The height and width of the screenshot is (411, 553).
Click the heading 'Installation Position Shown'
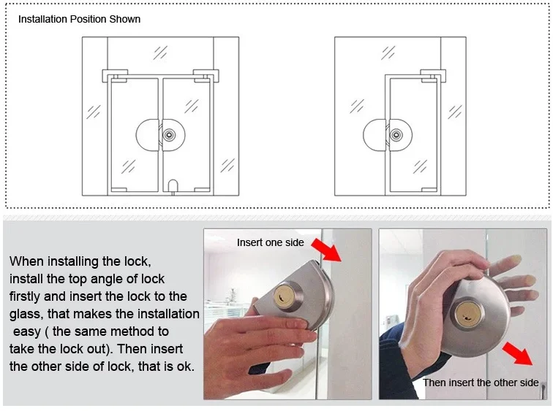(x=79, y=19)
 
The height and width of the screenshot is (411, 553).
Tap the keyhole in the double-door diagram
(x=169, y=135)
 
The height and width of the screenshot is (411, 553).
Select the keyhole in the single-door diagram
(x=396, y=135)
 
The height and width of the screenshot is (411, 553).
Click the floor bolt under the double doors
(x=173, y=187)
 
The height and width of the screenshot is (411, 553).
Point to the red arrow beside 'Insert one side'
(x=326, y=250)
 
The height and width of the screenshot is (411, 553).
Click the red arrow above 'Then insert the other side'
(x=518, y=353)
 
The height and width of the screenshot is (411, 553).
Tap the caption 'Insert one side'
(x=271, y=242)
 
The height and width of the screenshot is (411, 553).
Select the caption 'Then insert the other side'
(x=481, y=383)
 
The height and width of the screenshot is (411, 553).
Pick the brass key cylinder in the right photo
(x=468, y=313)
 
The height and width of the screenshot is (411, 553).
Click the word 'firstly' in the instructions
(x=25, y=296)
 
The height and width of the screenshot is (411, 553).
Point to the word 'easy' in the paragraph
(x=27, y=332)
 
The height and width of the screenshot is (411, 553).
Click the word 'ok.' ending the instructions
(x=185, y=366)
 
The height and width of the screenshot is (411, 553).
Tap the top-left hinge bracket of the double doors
(x=116, y=76)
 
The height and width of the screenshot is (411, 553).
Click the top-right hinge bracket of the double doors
(x=206, y=76)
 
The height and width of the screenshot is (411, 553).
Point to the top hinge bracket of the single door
(x=433, y=76)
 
